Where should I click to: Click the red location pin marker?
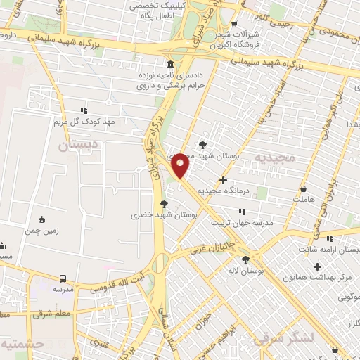(x=181, y=165)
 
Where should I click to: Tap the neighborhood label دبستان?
(x=72, y=147)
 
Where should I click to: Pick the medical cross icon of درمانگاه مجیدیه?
(x=223, y=181)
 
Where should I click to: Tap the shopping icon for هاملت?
(x=303, y=188)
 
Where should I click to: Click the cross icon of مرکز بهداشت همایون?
(x=318, y=266)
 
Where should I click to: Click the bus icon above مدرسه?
(x=63, y=278)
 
